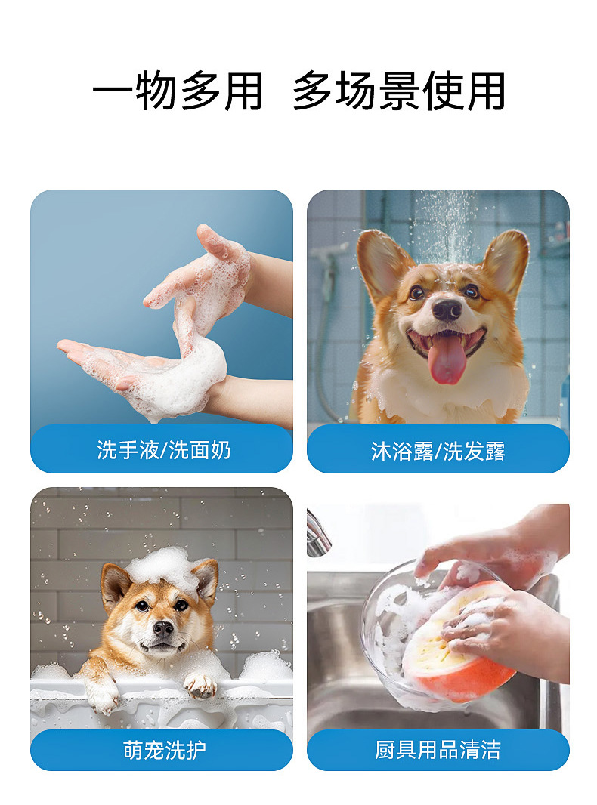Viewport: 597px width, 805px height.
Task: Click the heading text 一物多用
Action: point(178,91)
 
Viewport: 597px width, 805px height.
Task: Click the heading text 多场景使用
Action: point(399,91)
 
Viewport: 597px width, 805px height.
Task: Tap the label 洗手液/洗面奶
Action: point(163,450)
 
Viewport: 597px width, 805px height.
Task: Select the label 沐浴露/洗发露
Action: point(438,452)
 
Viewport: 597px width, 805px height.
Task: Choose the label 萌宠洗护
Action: point(165,750)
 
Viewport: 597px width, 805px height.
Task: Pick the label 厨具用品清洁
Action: point(438,750)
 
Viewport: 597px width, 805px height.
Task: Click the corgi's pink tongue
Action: point(447,359)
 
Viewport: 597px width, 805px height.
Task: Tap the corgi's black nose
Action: point(447,310)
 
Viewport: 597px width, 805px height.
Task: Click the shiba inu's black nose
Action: point(163,628)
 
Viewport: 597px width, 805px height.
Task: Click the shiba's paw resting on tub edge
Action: point(200,686)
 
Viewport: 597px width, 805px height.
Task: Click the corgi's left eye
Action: point(416,293)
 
